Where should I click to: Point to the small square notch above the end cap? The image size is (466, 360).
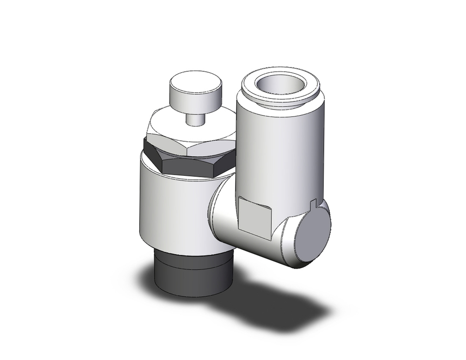click(x=313, y=203)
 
